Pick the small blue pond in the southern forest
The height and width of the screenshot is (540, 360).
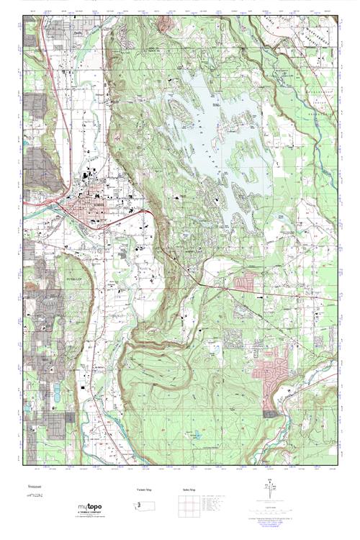point(194,435)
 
